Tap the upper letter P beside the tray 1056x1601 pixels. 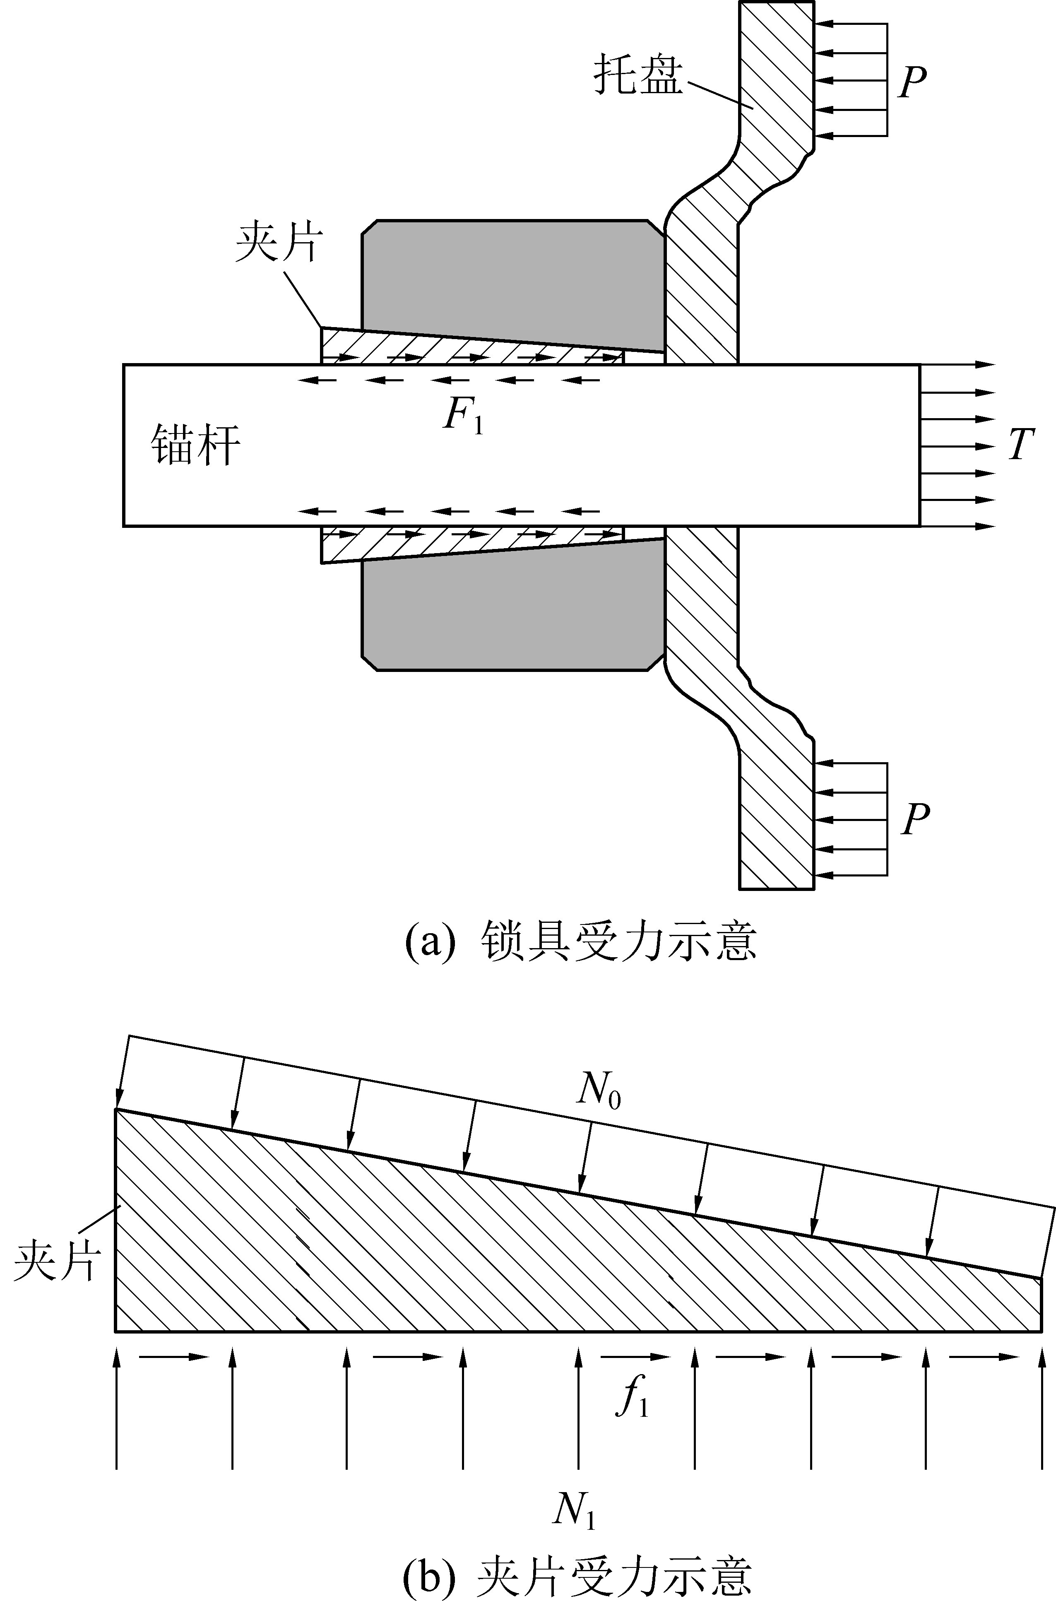[x=912, y=82]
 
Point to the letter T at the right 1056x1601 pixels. [x=1020, y=445]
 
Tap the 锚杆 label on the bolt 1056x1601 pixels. [x=195, y=445]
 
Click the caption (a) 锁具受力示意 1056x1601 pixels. [x=580, y=941]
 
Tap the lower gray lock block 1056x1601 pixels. [x=512, y=613]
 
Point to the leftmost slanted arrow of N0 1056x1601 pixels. [x=123, y=1071]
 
